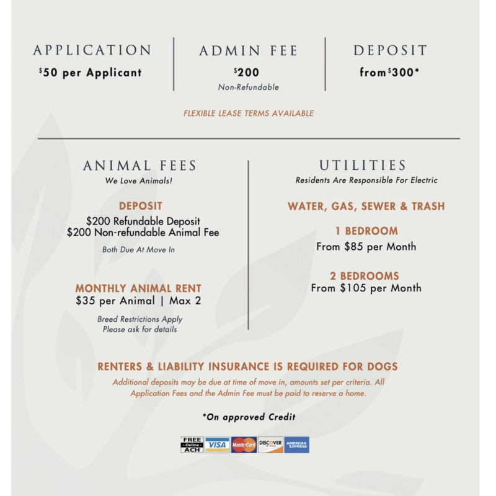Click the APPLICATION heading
click(x=92, y=50)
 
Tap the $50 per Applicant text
click(x=91, y=73)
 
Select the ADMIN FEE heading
click(x=248, y=51)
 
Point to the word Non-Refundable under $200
click(x=248, y=87)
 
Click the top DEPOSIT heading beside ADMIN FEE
click(x=390, y=51)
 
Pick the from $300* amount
click(x=389, y=73)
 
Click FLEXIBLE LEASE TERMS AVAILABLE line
click(x=248, y=113)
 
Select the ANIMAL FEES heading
click(x=139, y=166)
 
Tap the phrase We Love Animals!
click(x=138, y=181)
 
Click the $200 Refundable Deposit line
click(x=143, y=221)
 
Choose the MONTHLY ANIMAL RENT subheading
click(x=138, y=288)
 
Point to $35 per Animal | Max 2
click(x=138, y=301)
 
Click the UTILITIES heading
click(x=363, y=166)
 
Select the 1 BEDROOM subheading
click(x=366, y=231)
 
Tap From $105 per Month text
click(x=366, y=288)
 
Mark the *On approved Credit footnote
click(x=249, y=417)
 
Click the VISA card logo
click(x=217, y=445)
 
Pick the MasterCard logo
click(x=244, y=445)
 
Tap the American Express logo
click(x=296, y=445)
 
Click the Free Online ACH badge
click(x=192, y=445)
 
